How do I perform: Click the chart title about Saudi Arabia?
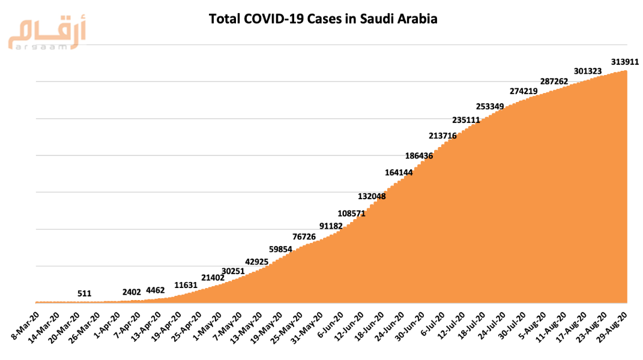coord(322,19)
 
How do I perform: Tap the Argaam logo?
coord(47,36)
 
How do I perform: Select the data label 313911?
coord(624,62)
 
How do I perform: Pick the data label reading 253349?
coord(490,106)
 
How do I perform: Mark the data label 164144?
coord(399,173)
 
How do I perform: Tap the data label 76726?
coord(304,236)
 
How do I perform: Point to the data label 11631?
coord(187,285)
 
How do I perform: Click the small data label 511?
coord(85,293)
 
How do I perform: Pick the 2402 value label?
coord(131,292)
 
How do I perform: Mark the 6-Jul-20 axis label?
coord(431,325)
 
